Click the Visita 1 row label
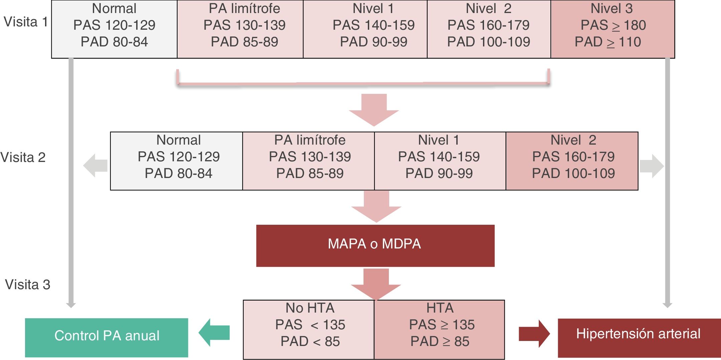click(x=26, y=22)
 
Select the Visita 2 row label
click(x=23, y=157)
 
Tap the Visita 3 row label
click(x=27, y=285)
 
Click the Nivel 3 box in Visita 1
click(x=613, y=29)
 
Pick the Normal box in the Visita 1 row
click(x=114, y=29)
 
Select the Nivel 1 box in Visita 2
click(x=440, y=161)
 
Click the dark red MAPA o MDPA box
click(x=375, y=245)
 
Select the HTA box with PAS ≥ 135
click(x=440, y=329)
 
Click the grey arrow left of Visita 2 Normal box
click(x=95, y=165)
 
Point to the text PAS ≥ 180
click(x=613, y=25)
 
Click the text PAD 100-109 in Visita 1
click(x=488, y=42)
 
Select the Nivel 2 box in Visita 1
click(x=489, y=29)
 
